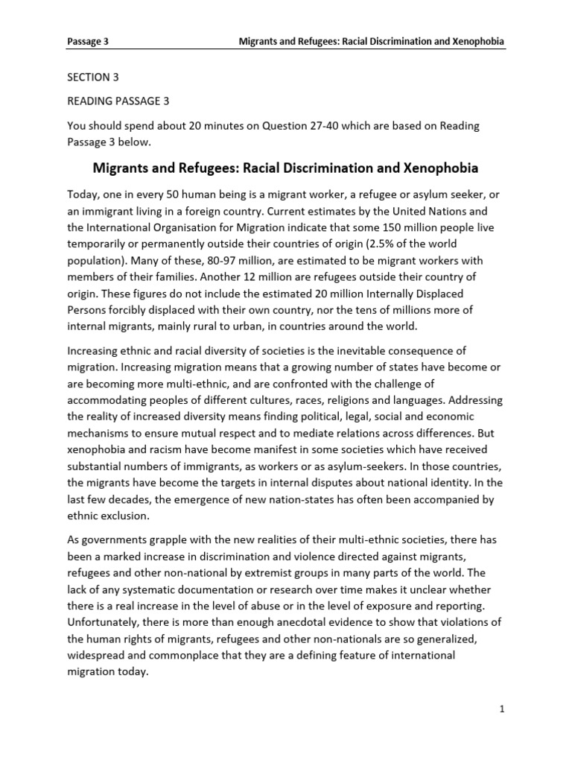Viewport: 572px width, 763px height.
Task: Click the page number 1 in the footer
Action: click(503, 710)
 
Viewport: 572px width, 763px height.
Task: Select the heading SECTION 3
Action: click(93, 78)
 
